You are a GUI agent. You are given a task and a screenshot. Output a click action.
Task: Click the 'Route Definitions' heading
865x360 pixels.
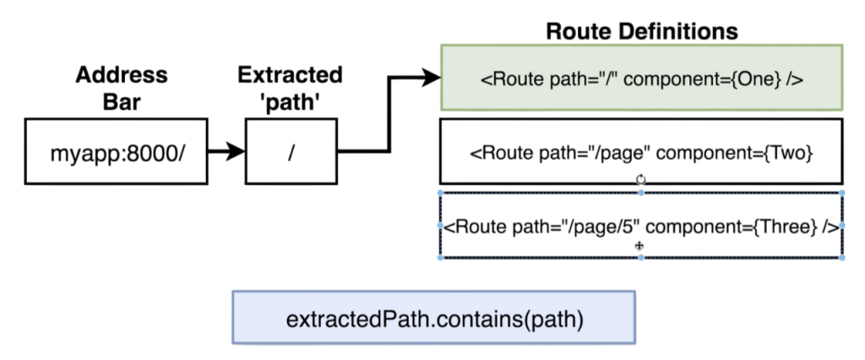coord(642,31)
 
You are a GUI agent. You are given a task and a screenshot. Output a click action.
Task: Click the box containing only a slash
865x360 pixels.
coord(291,152)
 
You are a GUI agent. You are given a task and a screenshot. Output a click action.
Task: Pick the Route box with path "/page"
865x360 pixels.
coord(641,152)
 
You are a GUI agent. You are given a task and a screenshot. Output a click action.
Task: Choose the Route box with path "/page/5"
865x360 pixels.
coord(641,226)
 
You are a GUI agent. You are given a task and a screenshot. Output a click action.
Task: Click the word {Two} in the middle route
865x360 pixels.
coord(788,153)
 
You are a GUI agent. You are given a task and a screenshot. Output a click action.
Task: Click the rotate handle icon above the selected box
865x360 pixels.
coord(640,179)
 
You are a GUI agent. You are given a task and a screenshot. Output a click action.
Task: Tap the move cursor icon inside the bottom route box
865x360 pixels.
coord(640,246)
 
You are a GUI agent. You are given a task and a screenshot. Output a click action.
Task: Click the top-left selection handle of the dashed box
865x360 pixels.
coord(440,194)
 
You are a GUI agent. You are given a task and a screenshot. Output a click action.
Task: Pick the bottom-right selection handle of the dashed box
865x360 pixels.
coord(842,258)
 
